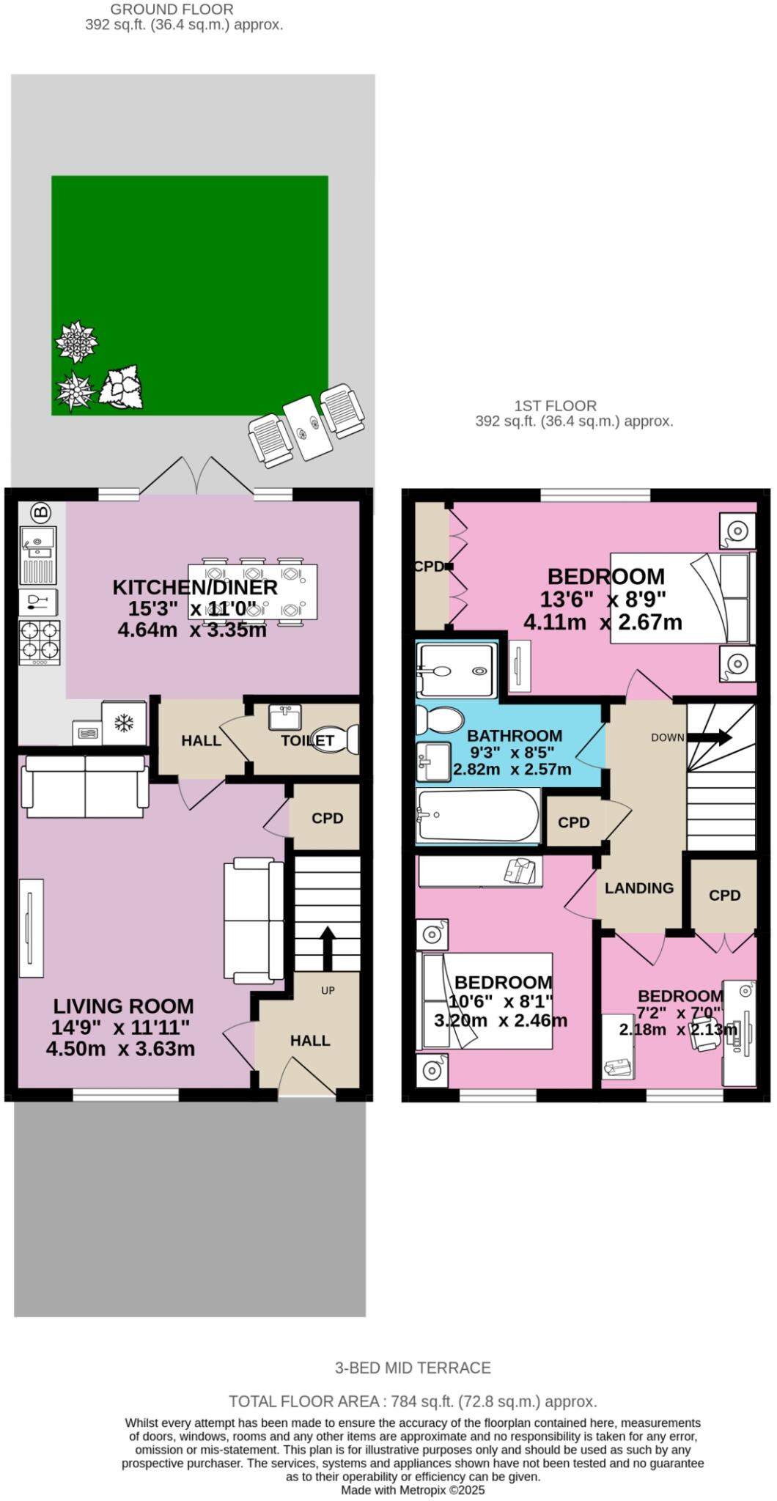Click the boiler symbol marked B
[42, 511]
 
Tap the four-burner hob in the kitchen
[40, 643]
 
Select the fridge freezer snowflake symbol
[123, 723]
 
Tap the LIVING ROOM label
[123, 1006]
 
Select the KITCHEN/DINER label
[195, 587]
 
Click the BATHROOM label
[515, 735]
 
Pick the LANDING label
[639, 888]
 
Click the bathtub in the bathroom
[478, 816]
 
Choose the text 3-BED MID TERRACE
[413, 1368]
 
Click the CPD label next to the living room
[327, 818]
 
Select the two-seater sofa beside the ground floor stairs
[254, 921]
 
